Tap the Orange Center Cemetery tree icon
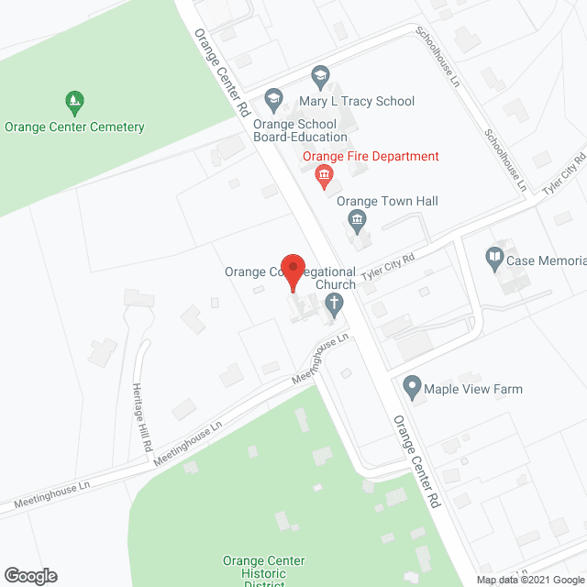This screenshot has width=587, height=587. click(74, 99)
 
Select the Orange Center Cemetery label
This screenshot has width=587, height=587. click(74, 127)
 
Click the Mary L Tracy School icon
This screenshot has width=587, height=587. click(320, 74)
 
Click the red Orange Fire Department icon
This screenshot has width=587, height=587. click(324, 174)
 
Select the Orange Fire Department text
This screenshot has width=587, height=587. click(371, 156)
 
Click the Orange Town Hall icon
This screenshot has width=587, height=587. click(358, 220)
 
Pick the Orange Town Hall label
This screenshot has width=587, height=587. click(387, 201)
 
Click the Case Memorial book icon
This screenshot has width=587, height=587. click(494, 256)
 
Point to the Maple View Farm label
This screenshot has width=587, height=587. click(473, 389)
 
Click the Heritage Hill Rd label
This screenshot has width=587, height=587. click(140, 416)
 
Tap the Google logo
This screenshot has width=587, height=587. click(30, 575)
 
